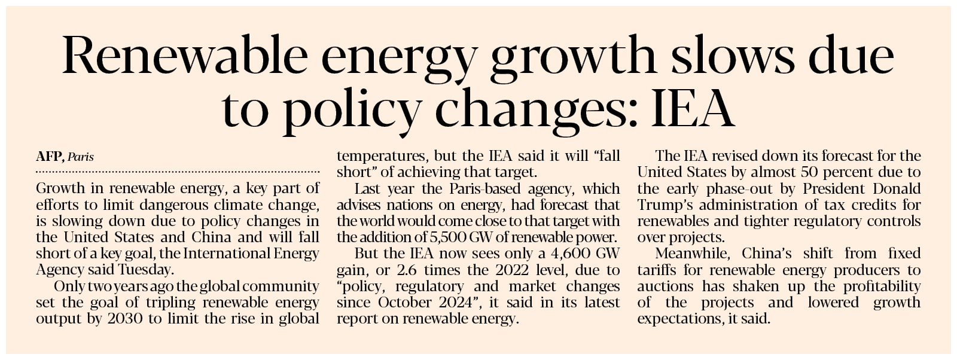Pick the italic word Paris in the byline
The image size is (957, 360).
click(81, 157)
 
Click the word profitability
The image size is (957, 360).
click(881, 286)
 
